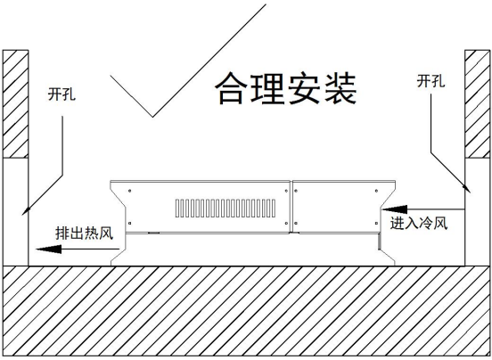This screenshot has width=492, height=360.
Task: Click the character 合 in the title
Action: pyautogui.click(x=230, y=89)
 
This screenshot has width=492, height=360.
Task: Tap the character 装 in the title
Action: pyautogui.click(x=340, y=89)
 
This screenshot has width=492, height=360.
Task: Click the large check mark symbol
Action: pyautogui.click(x=152, y=117)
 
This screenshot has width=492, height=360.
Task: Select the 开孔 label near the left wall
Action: pyautogui.click(x=61, y=94)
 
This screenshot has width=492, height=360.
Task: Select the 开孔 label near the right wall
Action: pyautogui.click(x=430, y=81)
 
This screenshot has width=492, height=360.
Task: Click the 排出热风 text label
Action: pyautogui.click(x=84, y=233)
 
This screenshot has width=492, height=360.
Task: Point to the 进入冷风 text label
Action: pyautogui.click(x=419, y=224)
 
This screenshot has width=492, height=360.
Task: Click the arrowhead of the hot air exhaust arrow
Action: pyautogui.click(x=49, y=250)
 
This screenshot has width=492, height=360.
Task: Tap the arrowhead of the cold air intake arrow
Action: pyautogui.click(x=394, y=209)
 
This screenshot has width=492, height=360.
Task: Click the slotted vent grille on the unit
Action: pyautogui.click(x=225, y=209)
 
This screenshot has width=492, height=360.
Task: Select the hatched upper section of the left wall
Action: pyautogui.click(x=15, y=103)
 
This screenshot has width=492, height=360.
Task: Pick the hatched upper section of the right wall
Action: pyautogui.click(x=477, y=103)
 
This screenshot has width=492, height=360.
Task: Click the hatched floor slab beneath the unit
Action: pyautogui.click(x=246, y=311)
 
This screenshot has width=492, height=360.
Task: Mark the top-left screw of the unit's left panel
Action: pyautogui.click(x=129, y=191)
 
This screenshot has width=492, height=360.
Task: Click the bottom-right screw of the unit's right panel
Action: pyautogui.click(x=376, y=224)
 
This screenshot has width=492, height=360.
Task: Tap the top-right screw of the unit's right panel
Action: pyautogui.click(x=376, y=191)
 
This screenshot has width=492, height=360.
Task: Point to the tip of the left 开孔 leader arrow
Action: pyautogui.click(x=22, y=215)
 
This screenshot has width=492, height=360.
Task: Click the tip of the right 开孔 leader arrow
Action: pyautogui.click(x=471, y=192)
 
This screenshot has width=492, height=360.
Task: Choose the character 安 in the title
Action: pyautogui.click(x=303, y=89)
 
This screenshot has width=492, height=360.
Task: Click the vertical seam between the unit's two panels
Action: pyautogui.click(x=291, y=207)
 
